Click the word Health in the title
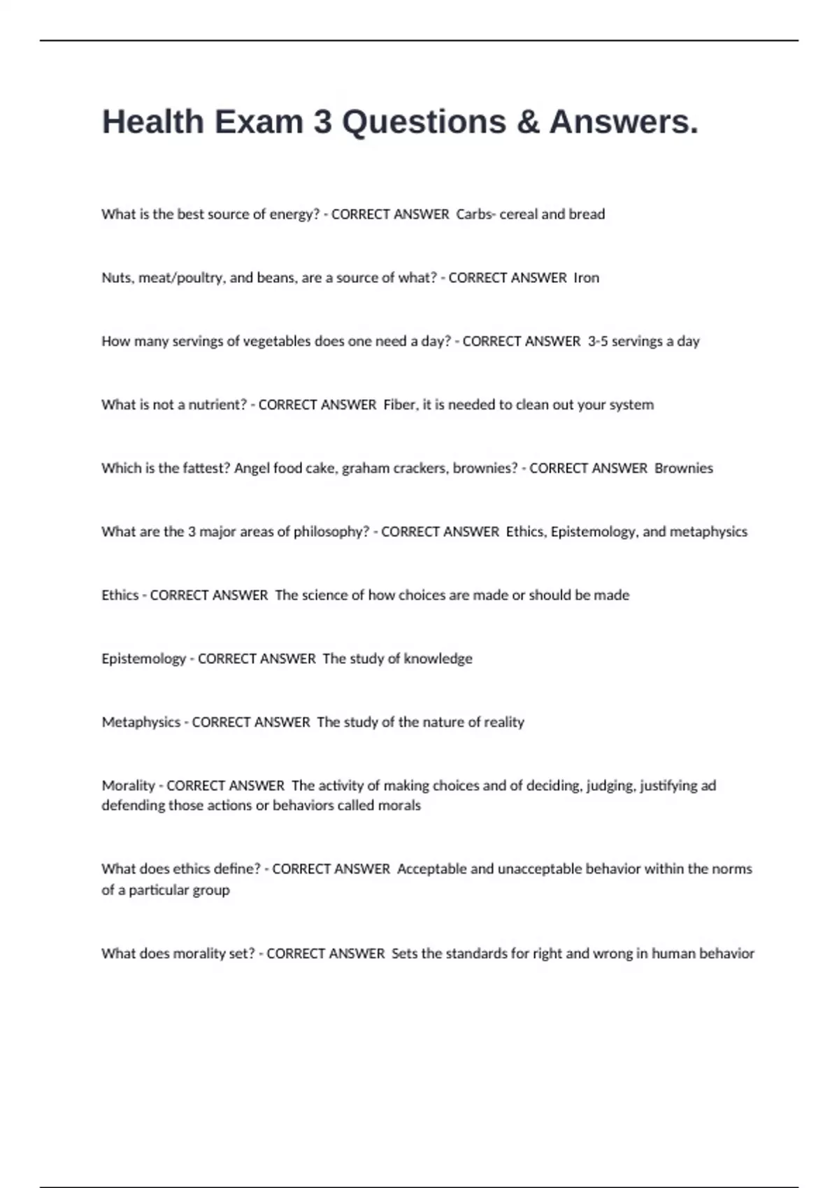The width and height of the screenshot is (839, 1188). [x=152, y=122]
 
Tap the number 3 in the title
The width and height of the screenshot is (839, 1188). [x=322, y=122]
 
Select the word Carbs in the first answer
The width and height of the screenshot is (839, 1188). [x=474, y=215]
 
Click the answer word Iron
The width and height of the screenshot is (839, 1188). [x=587, y=278]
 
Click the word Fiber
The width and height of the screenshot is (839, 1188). [x=399, y=405]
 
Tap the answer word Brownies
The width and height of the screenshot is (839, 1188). [x=684, y=468]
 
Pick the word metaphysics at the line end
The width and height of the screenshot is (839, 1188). [x=708, y=532]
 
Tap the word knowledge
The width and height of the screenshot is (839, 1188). [x=438, y=659]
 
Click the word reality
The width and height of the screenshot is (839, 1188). [x=503, y=723]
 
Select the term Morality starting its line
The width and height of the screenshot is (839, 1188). [x=128, y=785]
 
